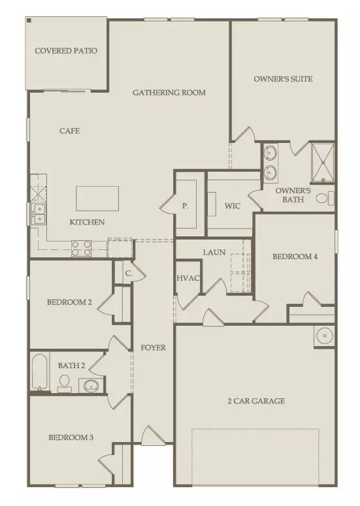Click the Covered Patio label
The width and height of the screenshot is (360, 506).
(x=66, y=51)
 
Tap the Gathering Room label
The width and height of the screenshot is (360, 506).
(x=169, y=93)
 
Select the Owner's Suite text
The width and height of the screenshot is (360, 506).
(x=283, y=79)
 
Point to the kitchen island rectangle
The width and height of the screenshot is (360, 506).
(x=98, y=198)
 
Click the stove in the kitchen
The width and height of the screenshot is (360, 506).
(x=81, y=247)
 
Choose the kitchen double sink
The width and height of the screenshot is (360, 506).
(x=38, y=213)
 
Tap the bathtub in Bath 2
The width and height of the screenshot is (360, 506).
(x=39, y=372)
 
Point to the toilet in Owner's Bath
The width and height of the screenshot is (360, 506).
(x=323, y=198)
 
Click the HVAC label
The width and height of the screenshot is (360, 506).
(x=188, y=278)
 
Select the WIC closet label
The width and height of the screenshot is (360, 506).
(x=233, y=206)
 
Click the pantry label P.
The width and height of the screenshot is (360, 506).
(x=185, y=206)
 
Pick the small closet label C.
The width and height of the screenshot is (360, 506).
(x=129, y=274)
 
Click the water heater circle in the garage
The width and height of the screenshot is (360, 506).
(x=323, y=336)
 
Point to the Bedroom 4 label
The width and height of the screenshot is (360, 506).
(x=295, y=257)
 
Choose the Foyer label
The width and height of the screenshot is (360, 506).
(x=154, y=347)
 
